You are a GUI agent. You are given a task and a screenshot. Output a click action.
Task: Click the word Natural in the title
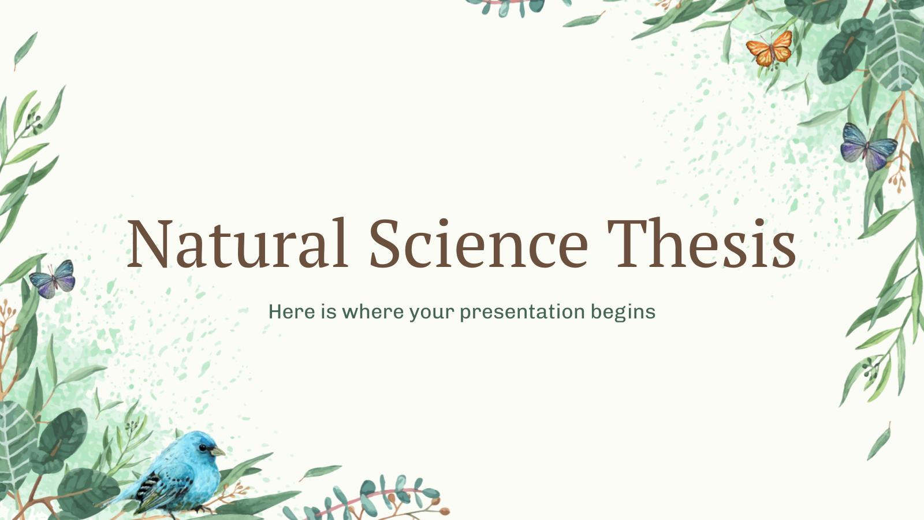[237, 243]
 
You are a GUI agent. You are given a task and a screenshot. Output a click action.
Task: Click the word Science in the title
[478, 243]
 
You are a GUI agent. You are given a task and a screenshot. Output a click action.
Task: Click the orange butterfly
[769, 49]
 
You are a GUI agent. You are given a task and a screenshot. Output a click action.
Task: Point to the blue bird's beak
[218, 451]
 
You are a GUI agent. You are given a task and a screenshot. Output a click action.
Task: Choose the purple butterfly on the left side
[52, 279]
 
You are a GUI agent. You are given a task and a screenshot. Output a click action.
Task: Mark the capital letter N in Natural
[152, 243]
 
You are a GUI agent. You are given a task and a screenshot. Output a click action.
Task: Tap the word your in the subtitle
[432, 313]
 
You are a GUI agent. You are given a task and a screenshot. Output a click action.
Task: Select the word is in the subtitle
[329, 312]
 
